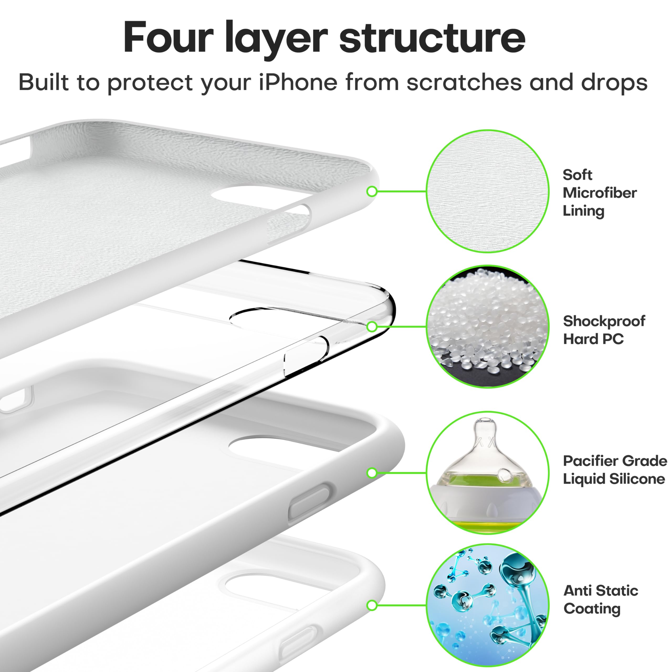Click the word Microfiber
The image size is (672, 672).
600,193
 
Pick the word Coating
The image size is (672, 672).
592,609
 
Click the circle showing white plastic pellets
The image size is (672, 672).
488,327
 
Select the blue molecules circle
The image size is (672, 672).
488,605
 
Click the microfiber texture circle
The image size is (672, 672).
488,191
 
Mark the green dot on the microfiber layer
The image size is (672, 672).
372,191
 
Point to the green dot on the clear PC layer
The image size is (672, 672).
372,327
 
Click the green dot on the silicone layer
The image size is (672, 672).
372,473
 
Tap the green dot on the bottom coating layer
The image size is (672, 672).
372,605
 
